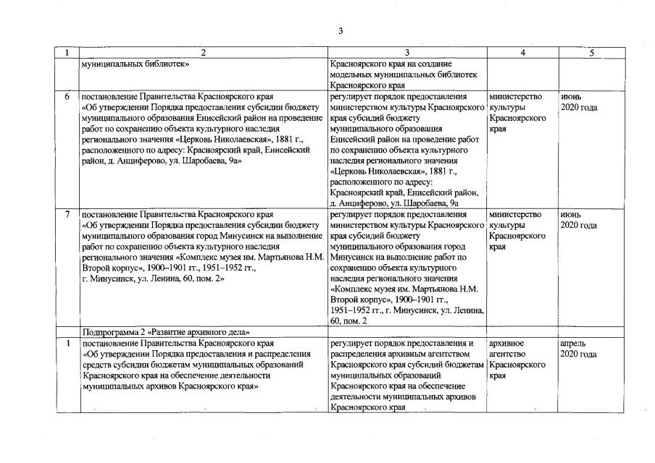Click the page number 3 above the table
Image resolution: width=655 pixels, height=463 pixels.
340,30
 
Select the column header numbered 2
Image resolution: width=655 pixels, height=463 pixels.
204,53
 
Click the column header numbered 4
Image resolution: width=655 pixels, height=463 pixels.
522,53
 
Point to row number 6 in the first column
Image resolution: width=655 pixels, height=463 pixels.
67,96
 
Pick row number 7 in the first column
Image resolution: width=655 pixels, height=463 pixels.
67,215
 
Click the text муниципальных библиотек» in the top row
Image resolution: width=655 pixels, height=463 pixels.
136,63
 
